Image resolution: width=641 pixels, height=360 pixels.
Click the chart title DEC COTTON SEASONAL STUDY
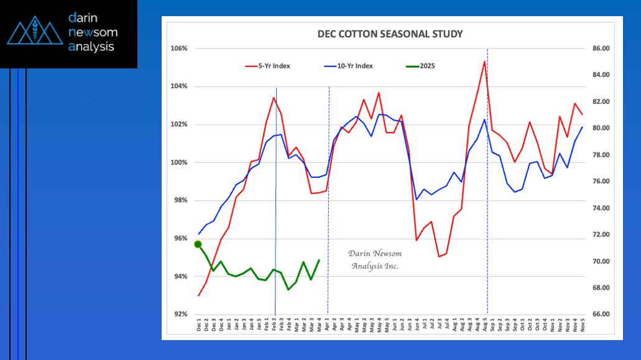click(x=390, y=34)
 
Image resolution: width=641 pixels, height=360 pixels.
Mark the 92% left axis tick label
click(x=181, y=315)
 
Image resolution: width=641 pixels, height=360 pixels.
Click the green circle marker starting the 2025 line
click(x=198, y=244)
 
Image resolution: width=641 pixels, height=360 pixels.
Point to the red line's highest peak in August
click(x=484, y=61)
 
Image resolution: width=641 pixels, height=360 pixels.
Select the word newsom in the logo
click(x=93, y=32)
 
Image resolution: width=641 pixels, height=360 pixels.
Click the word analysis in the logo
click(x=92, y=46)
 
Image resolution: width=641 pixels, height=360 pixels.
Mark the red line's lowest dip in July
click(x=439, y=256)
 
